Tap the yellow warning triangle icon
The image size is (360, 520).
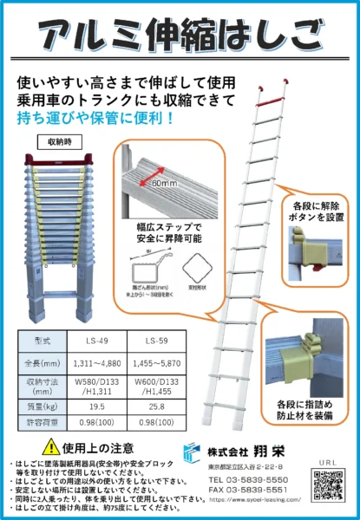point(52,447)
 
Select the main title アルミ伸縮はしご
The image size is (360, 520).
point(180,36)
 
